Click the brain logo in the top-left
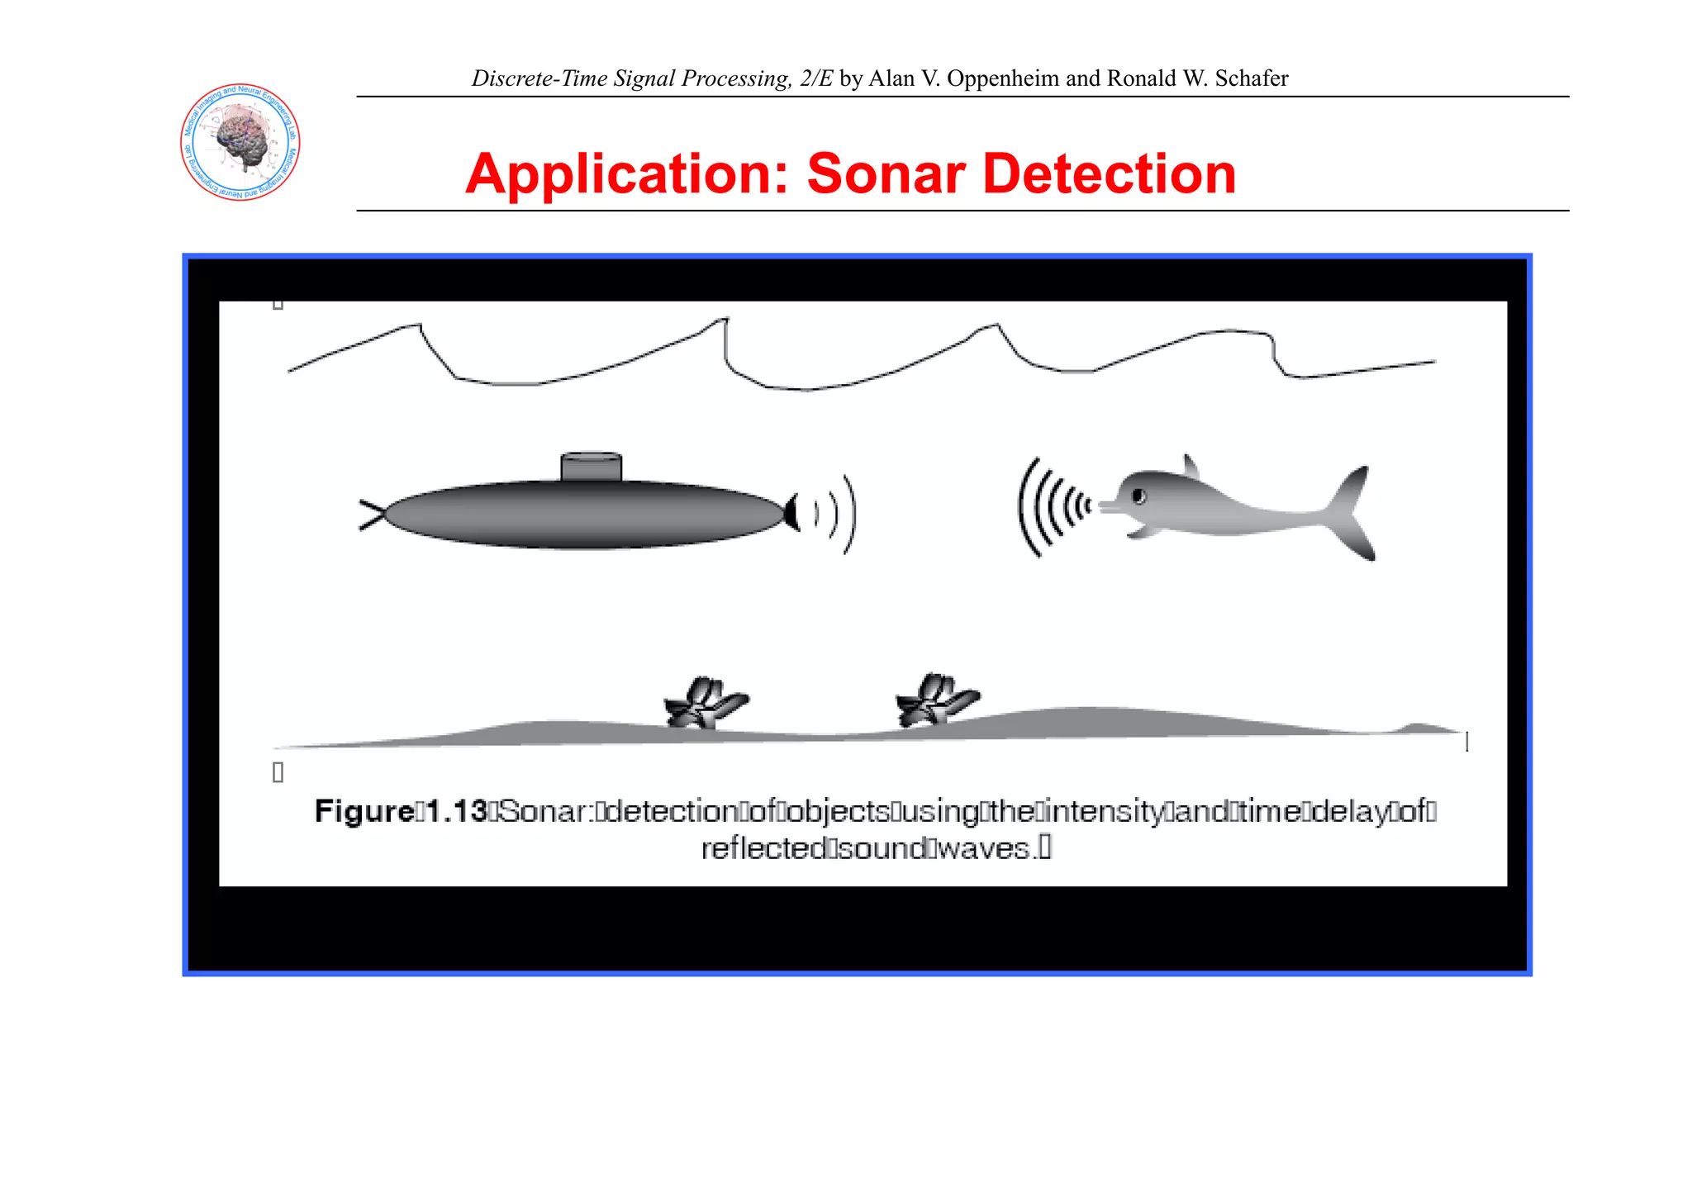click(240, 142)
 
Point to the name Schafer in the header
click(1251, 78)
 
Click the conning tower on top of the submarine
click(591, 467)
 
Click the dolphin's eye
click(1138, 496)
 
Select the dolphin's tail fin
click(1351, 512)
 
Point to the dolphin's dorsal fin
click(1191, 467)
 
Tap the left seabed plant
click(704, 703)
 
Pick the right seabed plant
click(936, 700)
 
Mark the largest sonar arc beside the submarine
click(852, 514)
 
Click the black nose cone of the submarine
click(791, 513)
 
